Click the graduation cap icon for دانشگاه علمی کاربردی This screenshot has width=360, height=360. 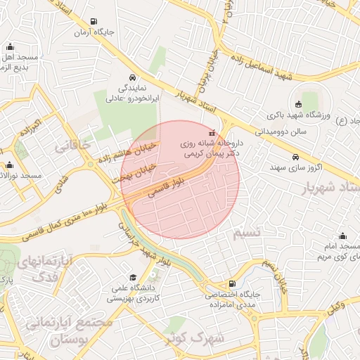point(134,278)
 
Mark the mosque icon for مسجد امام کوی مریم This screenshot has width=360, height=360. point(342,236)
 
